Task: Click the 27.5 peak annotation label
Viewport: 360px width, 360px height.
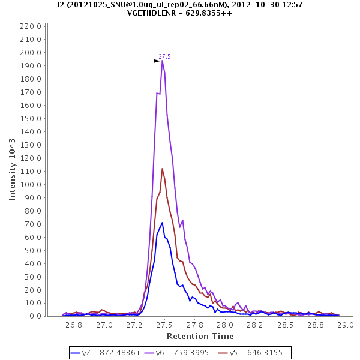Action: click(164, 56)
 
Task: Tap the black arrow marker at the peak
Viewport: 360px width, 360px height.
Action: click(157, 61)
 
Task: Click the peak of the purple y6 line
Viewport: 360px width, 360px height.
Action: click(162, 61)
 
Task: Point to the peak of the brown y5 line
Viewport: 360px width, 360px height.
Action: click(162, 169)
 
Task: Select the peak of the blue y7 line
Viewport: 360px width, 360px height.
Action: click(162, 223)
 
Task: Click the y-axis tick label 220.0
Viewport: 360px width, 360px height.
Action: click(31, 26)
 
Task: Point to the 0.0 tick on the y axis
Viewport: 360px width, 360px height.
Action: click(35, 316)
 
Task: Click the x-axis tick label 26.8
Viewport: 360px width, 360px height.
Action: click(74, 325)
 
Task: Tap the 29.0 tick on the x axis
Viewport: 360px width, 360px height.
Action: click(345, 325)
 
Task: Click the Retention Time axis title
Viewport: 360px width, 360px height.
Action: click(200, 336)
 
